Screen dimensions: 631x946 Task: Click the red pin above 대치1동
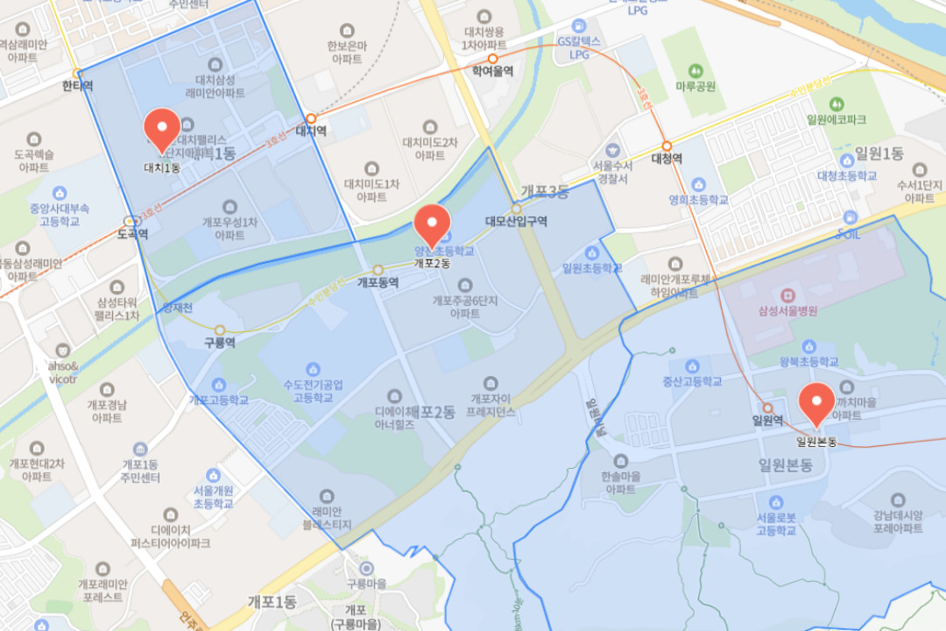click(x=162, y=130)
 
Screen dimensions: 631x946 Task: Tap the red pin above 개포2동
click(x=431, y=224)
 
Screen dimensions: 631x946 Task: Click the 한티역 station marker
click(x=78, y=74)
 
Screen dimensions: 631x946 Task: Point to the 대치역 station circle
click(x=310, y=118)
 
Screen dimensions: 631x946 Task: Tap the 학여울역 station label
click(x=491, y=72)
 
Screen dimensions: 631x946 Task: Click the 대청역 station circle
click(x=667, y=145)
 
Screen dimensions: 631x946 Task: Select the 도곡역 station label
click(x=133, y=234)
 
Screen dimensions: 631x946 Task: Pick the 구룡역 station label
click(x=219, y=343)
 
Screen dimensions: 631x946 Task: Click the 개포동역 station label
click(x=378, y=283)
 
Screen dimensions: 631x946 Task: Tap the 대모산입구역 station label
click(x=516, y=222)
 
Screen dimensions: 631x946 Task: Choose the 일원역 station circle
click(x=767, y=408)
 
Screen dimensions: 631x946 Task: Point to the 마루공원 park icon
click(x=695, y=69)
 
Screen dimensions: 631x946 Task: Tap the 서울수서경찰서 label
click(x=612, y=172)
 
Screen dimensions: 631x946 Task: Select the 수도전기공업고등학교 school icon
click(x=313, y=369)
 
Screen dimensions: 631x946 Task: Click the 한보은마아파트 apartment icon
click(x=346, y=31)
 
